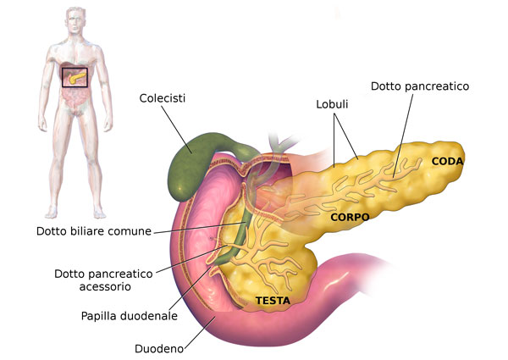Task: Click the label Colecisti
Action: click(x=162, y=98)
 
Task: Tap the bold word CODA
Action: click(x=447, y=161)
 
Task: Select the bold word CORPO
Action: click(x=350, y=217)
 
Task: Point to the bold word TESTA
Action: click(x=273, y=301)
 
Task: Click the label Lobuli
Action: click(x=332, y=104)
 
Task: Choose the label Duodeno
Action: click(x=159, y=349)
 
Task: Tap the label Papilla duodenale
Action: click(x=130, y=316)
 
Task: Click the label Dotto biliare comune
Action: click(x=94, y=231)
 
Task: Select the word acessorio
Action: click(x=105, y=287)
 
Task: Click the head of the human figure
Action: click(x=76, y=20)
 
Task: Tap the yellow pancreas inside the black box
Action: click(x=77, y=78)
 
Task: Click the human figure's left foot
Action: click(x=99, y=213)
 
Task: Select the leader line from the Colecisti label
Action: click(x=177, y=129)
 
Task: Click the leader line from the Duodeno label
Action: click(x=199, y=333)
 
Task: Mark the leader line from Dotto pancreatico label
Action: click(x=403, y=136)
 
